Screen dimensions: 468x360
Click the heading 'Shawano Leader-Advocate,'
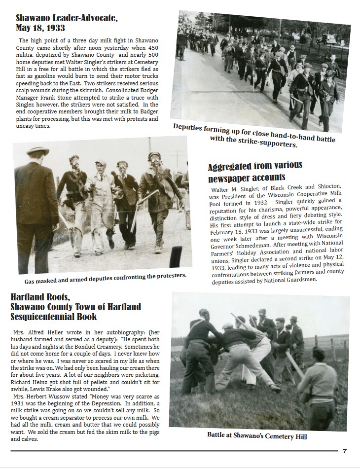pyautogui.click(x=67, y=19)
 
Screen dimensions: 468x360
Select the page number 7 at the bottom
pyautogui.click(x=345, y=451)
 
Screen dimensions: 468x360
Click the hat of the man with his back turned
pyautogui.click(x=37, y=151)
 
